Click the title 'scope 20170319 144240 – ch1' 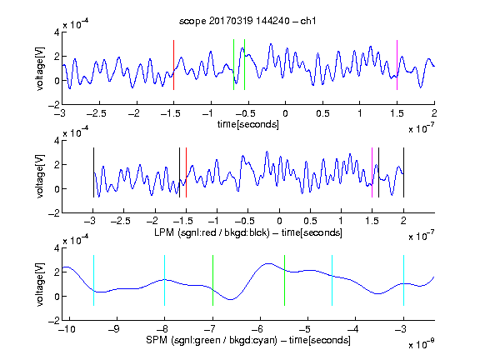[x=247, y=21]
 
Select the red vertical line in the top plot [x=173, y=65]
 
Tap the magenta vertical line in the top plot [x=397, y=65]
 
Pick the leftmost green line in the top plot [x=233, y=65]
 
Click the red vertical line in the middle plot [x=186, y=172]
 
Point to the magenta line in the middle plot [x=372, y=172]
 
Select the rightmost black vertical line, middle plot [x=403, y=172]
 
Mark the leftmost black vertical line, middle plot [x=93, y=172]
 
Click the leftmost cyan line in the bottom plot [x=93, y=280]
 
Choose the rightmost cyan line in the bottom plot [x=403, y=280]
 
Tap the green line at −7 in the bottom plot [x=212, y=280]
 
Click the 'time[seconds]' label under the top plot [x=248, y=124]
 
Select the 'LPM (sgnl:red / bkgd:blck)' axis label [x=212, y=232]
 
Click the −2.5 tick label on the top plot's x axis [x=97, y=113]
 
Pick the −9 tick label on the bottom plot [x=114, y=329]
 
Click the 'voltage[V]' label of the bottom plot [x=40, y=284]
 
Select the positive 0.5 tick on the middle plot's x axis [x=310, y=221]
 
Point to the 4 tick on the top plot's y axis [x=57, y=32]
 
